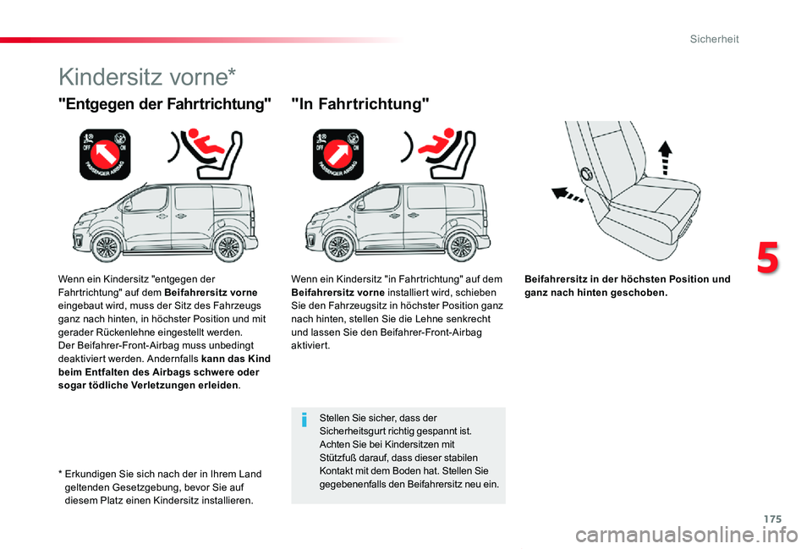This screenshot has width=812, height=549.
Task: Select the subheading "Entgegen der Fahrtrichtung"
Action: coord(165,104)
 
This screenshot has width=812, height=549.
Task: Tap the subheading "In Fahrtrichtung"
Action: coord(359,104)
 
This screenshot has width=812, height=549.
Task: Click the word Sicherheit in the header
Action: coord(714,39)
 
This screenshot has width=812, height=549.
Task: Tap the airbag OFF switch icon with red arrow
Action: coord(105,154)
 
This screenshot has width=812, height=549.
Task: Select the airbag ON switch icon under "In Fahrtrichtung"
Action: coord(337,154)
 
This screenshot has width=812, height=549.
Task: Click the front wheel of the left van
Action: coord(107,248)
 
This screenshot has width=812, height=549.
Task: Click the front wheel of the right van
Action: coord(340,248)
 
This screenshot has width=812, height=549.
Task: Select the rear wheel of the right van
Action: coord(461,248)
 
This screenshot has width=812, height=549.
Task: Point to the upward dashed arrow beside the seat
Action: coord(666,157)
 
